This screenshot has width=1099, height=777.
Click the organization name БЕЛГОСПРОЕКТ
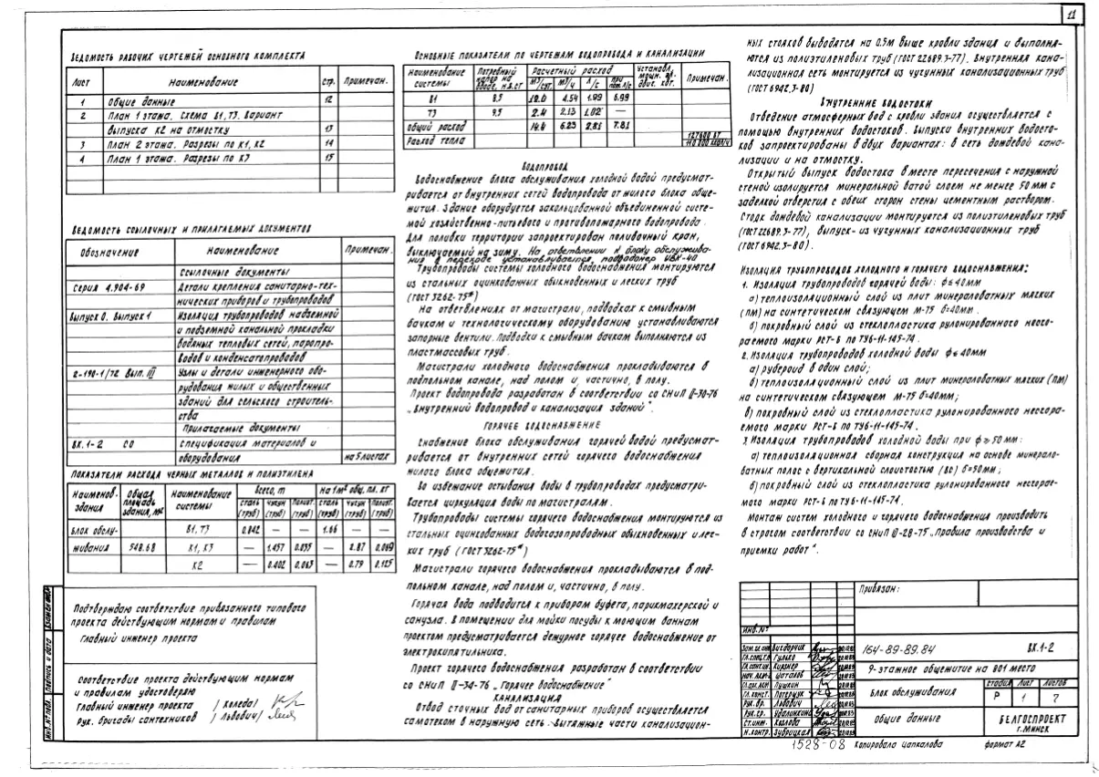click(x=1024, y=719)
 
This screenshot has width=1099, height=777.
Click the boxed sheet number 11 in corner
click(x=1072, y=15)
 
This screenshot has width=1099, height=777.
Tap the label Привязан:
click(x=878, y=590)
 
